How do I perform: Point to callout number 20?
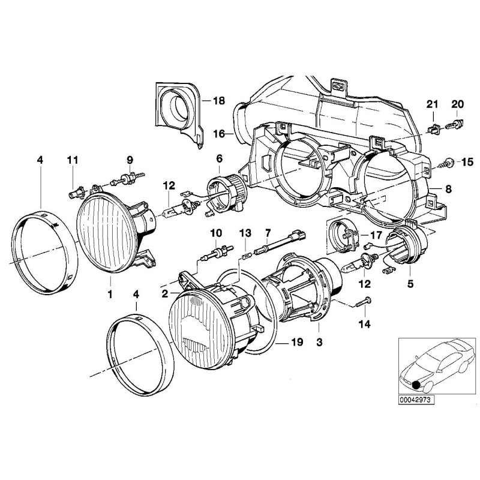pos(457,104)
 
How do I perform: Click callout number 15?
pos(467,162)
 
